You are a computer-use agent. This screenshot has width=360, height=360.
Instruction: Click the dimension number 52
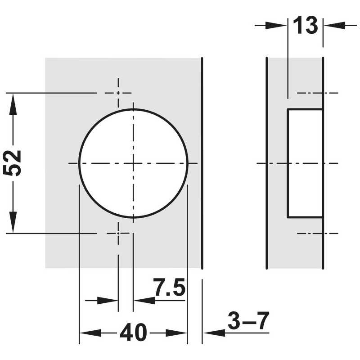click(x=12, y=163)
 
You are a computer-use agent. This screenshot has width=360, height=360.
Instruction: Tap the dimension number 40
click(x=133, y=332)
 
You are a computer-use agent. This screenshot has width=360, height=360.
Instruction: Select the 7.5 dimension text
click(x=169, y=287)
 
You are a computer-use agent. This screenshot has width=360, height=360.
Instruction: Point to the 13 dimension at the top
click(x=306, y=25)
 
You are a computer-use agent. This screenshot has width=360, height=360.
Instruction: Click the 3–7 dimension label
click(x=248, y=321)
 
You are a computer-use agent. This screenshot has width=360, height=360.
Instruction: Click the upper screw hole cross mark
click(x=118, y=93)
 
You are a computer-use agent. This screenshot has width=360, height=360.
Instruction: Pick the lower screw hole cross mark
click(x=118, y=233)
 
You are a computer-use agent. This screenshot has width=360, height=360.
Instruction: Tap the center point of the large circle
click(x=133, y=163)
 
